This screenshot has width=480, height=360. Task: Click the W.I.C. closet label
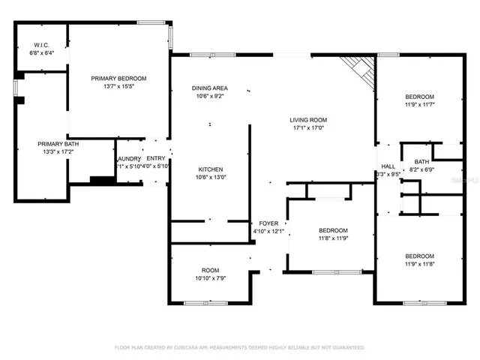click(41, 46)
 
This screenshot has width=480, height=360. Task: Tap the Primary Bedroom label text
click(118, 78)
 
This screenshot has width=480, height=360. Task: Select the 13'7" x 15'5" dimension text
click(118, 86)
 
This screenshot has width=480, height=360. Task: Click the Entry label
click(156, 158)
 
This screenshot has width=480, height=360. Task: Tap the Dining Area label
click(210, 88)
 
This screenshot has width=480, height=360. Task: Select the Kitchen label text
click(210, 169)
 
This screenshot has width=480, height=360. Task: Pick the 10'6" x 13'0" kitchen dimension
click(210, 178)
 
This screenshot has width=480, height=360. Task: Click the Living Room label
click(308, 119)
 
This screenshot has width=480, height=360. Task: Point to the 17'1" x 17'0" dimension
click(308, 127)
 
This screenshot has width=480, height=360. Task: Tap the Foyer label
click(268, 223)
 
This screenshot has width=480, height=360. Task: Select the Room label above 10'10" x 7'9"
click(210, 270)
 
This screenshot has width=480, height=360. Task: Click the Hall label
click(388, 166)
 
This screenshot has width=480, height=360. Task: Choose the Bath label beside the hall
click(421, 161)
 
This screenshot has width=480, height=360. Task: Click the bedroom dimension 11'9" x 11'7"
click(419, 105)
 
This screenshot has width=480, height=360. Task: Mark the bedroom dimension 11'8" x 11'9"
click(332, 238)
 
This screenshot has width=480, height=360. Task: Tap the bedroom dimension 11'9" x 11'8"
click(419, 264)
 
